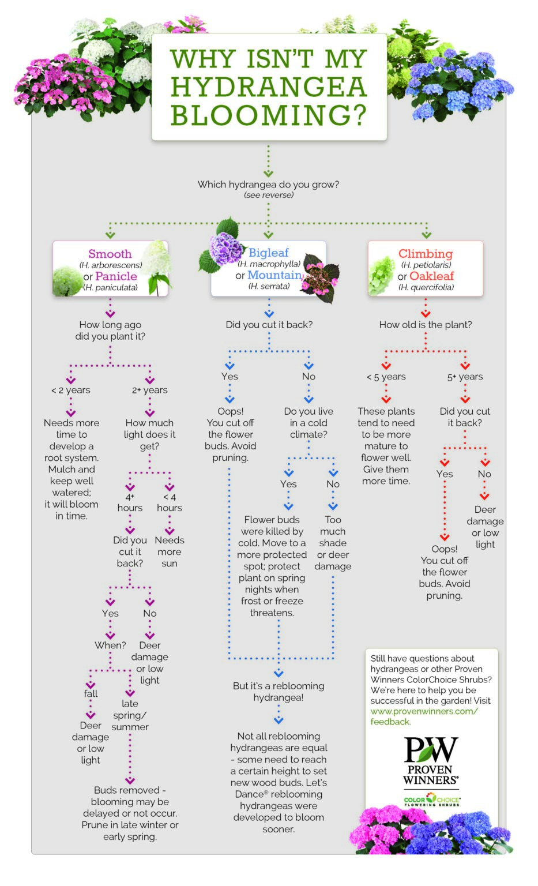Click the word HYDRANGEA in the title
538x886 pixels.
tap(269, 87)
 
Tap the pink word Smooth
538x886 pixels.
tap(110, 254)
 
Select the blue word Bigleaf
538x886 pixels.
tap(268, 253)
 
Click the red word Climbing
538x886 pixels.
tap(426, 254)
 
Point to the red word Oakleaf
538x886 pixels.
tap(431, 276)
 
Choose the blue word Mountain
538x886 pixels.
tap(275, 275)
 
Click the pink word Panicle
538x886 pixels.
tap(116, 276)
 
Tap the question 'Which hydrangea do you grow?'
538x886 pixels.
tap(268, 185)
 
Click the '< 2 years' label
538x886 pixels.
tap(71, 390)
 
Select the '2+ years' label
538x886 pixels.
tap(149, 390)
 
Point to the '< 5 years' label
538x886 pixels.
tap(386, 377)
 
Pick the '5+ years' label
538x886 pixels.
tap(465, 377)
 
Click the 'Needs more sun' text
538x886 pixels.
tap(170, 551)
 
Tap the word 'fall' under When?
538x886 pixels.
tap(91, 693)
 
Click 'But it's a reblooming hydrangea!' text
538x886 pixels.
tap(279, 692)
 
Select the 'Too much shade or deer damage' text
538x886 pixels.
tap(333, 543)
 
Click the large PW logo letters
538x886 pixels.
tap(431, 750)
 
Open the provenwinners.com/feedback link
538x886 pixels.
tap(424, 716)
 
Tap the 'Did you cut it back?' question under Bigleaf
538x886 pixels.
tap(269, 325)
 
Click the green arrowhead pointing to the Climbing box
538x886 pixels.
tap(426, 235)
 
